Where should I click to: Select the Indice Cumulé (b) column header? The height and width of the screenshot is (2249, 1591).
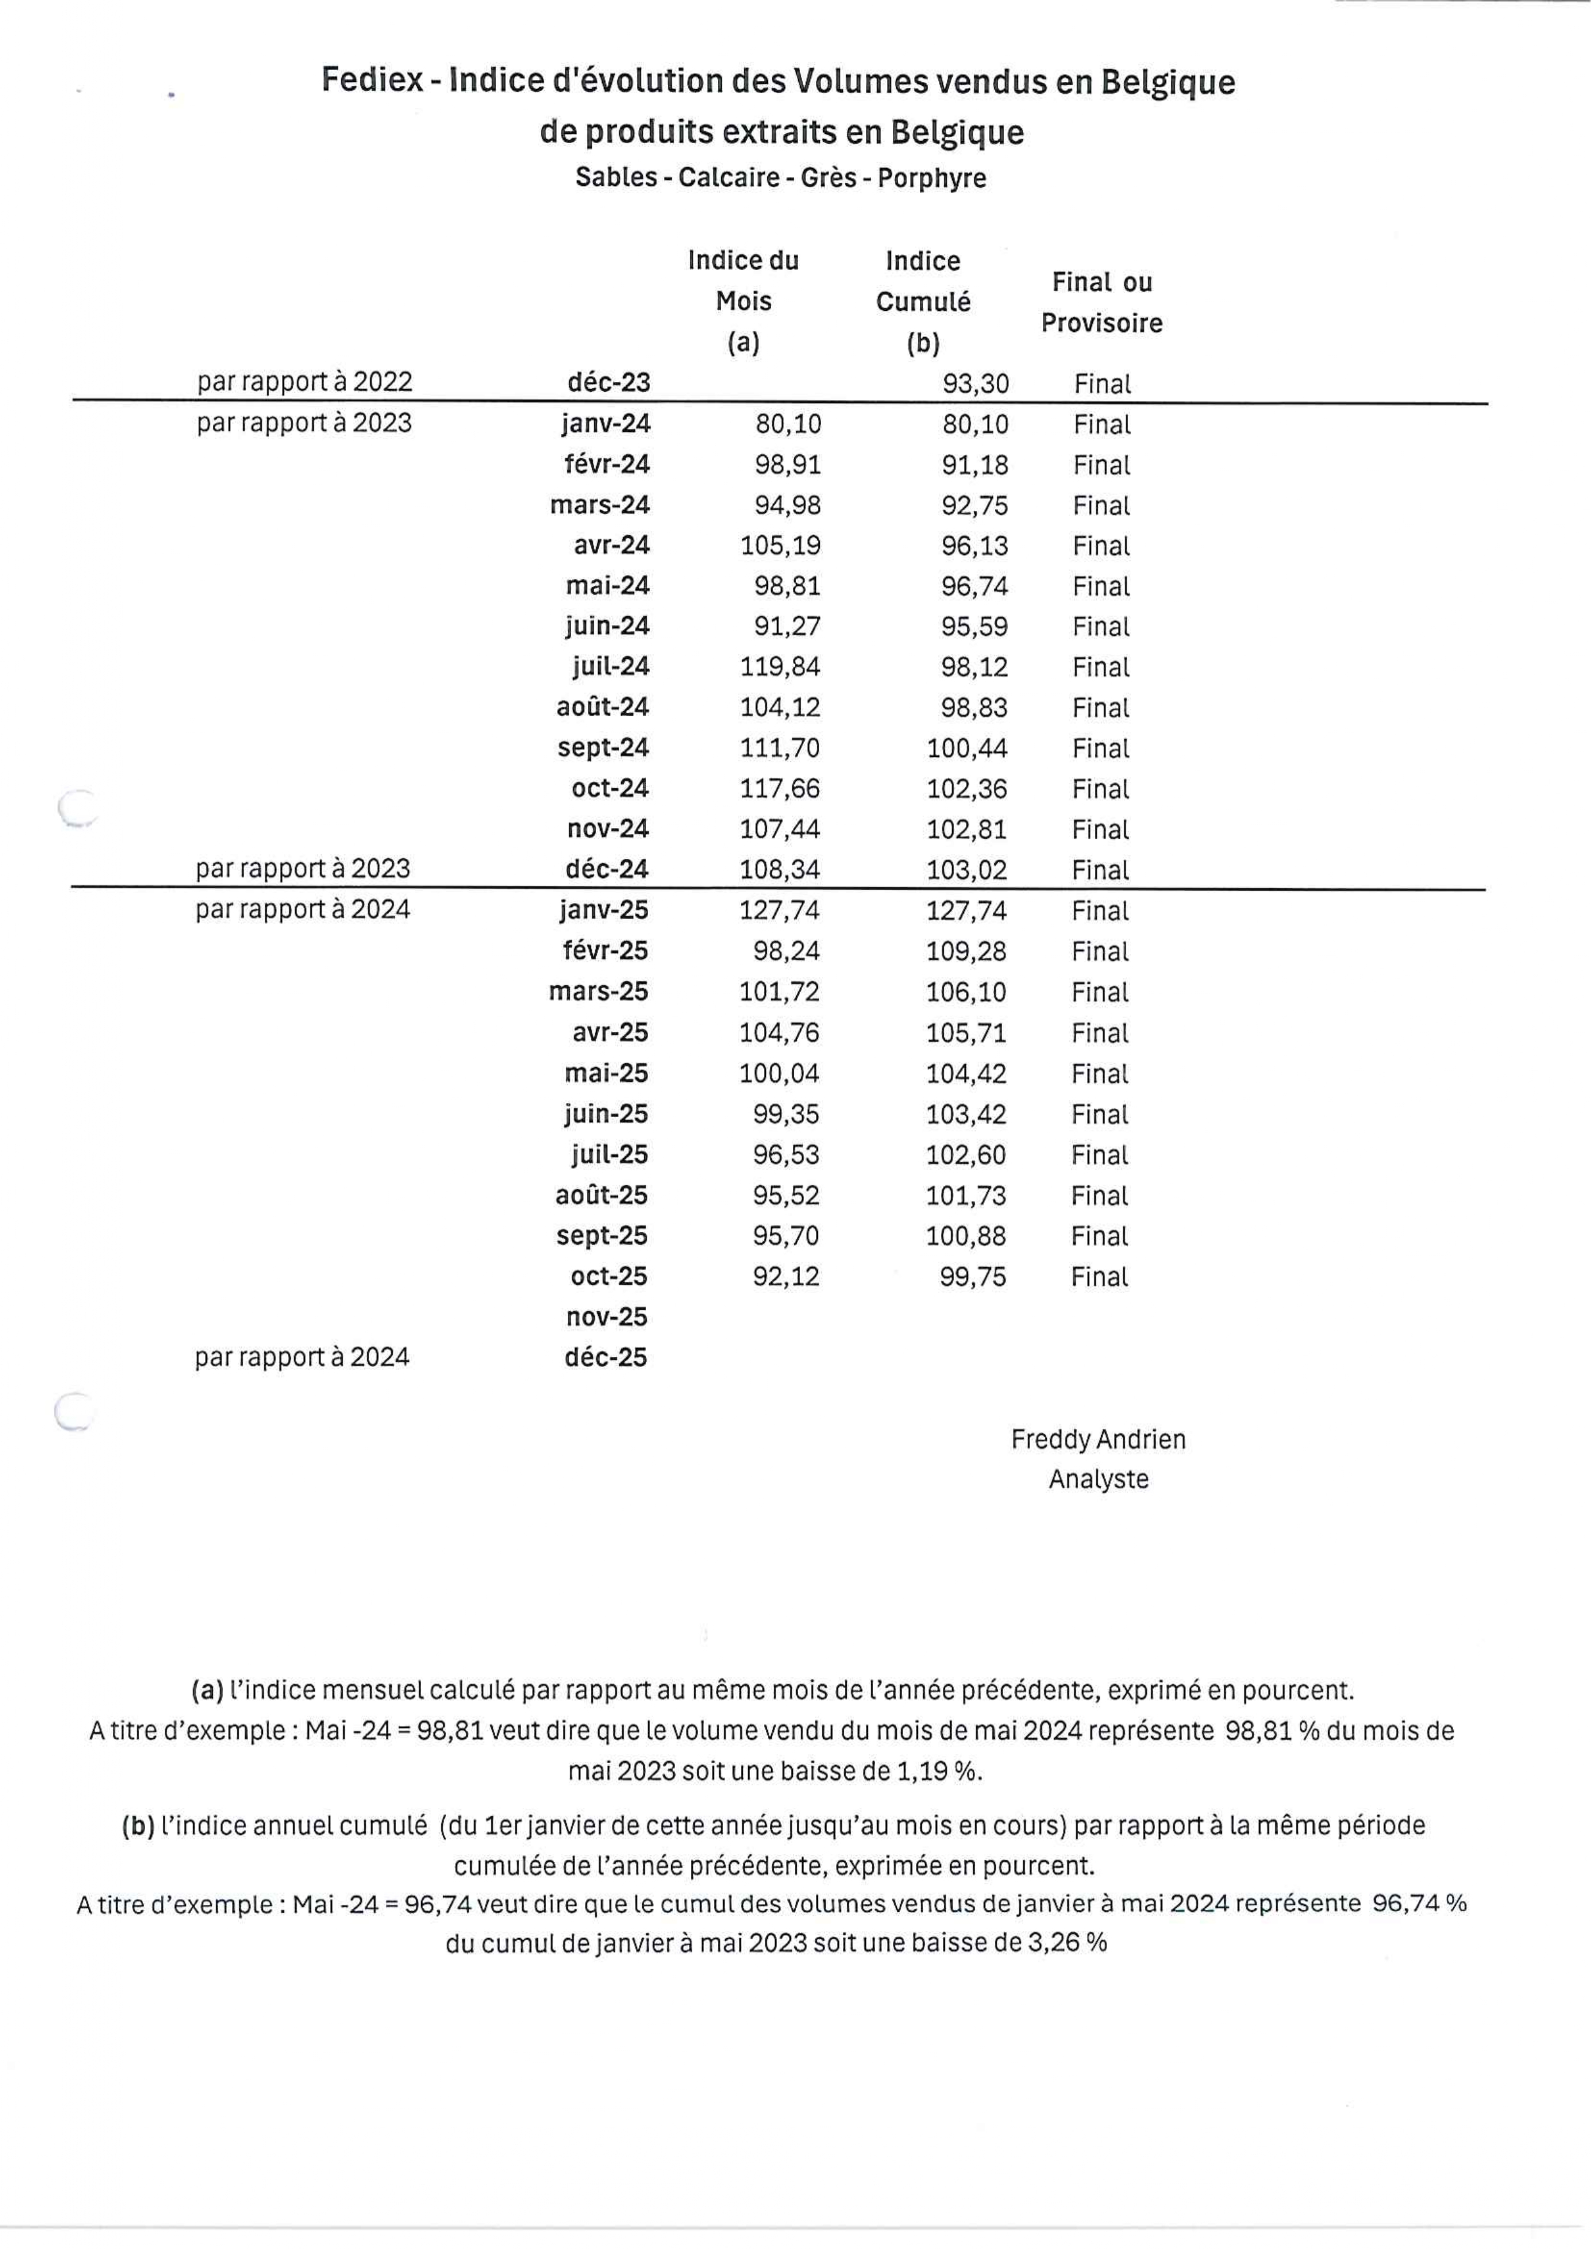pyautogui.click(x=923, y=302)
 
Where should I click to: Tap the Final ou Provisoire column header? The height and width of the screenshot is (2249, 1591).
pyautogui.click(x=1101, y=303)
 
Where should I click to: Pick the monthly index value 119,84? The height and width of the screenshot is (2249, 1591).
pyautogui.click(x=780, y=667)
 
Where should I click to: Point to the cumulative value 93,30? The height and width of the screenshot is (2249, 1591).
pyautogui.click(x=975, y=384)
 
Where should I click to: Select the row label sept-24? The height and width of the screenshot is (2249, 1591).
pyautogui.click(x=603, y=749)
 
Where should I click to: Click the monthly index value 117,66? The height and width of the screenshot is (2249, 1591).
pyautogui.click(x=780, y=788)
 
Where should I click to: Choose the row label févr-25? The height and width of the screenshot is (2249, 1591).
pyautogui.click(x=604, y=951)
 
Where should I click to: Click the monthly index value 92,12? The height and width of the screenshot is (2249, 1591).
pyautogui.click(x=786, y=1276)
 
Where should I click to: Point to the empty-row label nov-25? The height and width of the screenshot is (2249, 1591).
pyautogui.click(x=606, y=1318)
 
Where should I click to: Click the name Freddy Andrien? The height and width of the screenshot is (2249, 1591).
pyautogui.click(x=1098, y=1439)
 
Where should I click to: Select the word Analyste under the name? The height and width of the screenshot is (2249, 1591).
pyautogui.click(x=1098, y=1479)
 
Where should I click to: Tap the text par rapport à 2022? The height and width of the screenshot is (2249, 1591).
pyautogui.click(x=304, y=382)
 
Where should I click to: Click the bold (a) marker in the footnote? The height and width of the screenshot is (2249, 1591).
pyautogui.click(x=208, y=1691)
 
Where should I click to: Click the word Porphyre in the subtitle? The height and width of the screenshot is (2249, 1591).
pyautogui.click(x=931, y=178)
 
